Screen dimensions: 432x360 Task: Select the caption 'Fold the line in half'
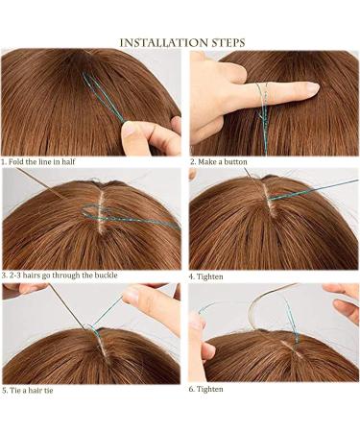click(43, 160)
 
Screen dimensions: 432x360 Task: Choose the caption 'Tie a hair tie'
click(36, 391)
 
